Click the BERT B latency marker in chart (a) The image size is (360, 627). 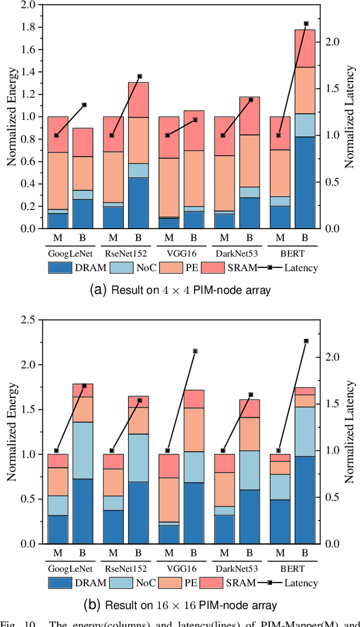tap(306, 24)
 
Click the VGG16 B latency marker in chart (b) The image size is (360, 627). tap(195, 351)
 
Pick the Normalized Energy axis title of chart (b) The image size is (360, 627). tap(11, 432)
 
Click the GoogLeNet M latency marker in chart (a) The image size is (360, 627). tap(56, 135)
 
